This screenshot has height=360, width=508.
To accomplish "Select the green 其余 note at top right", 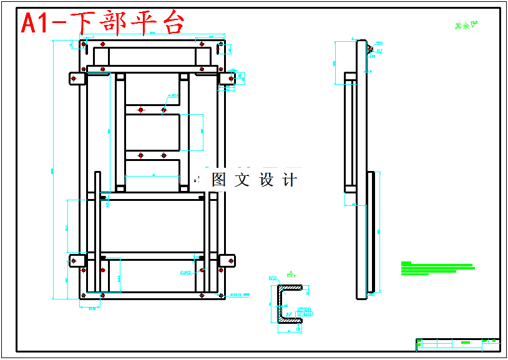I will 462,27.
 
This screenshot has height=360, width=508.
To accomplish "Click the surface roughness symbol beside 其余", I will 474,25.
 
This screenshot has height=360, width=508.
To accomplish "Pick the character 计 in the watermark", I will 290,180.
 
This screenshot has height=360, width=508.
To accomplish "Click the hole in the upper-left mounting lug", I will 74,79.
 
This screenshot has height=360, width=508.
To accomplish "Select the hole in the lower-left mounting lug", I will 74,260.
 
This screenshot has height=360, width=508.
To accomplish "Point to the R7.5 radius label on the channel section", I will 273,278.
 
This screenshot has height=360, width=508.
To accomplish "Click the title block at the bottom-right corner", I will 457,344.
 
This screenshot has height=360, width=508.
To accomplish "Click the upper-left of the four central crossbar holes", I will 141,110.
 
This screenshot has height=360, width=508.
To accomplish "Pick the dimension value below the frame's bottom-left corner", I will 92,308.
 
